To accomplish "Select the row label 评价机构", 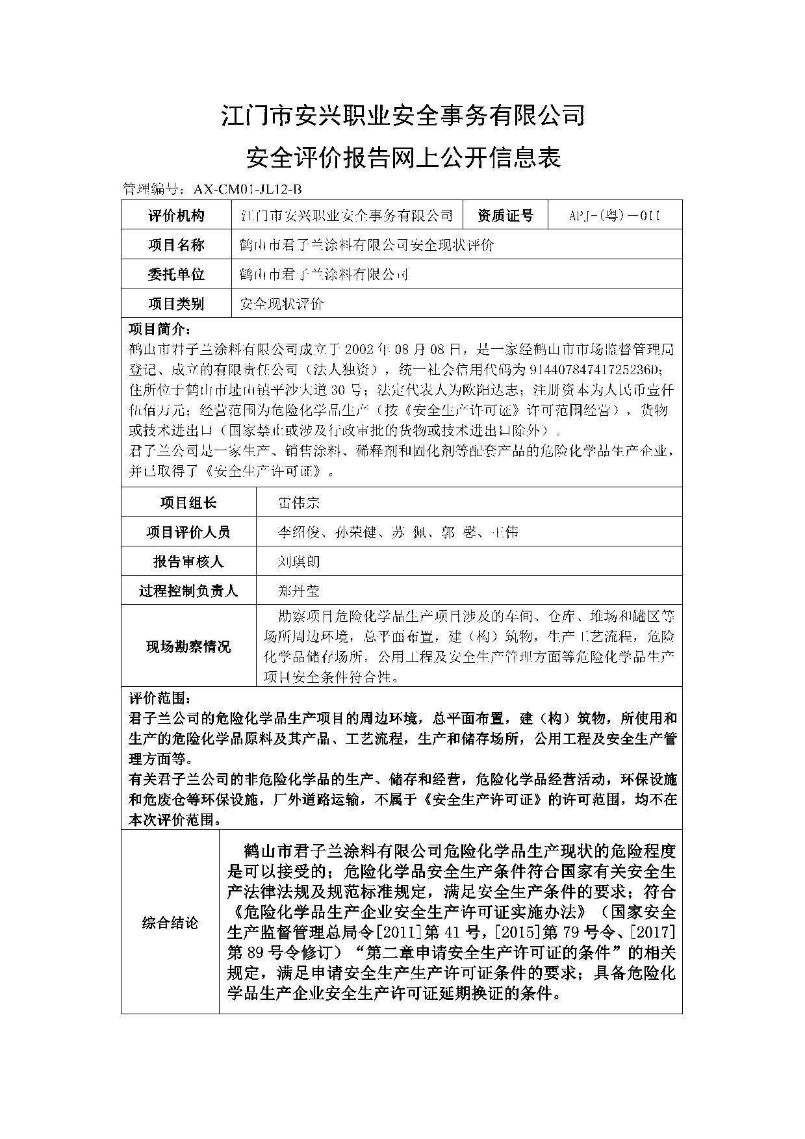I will (x=176, y=216).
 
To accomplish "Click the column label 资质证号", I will (x=505, y=216).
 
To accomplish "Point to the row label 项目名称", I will (x=176, y=245).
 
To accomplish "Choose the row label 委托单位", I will (x=176, y=274).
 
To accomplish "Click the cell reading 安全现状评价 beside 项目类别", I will (x=282, y=303).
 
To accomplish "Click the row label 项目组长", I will (x=188, y=502).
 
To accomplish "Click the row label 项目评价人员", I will (x=188, y=532).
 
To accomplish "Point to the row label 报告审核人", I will (x=188, y=561).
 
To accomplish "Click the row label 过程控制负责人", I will (x=188, y=591).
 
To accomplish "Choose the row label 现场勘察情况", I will (x=188, y=646).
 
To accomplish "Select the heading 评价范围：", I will (x=160, y=698).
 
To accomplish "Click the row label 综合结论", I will (x=170, y=923).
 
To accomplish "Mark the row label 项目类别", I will (x=176, y=303).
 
